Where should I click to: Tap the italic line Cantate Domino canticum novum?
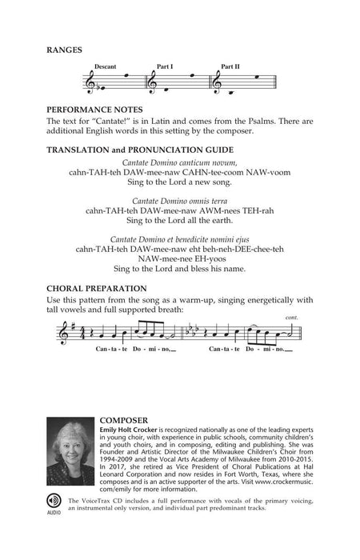point(179,162)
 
